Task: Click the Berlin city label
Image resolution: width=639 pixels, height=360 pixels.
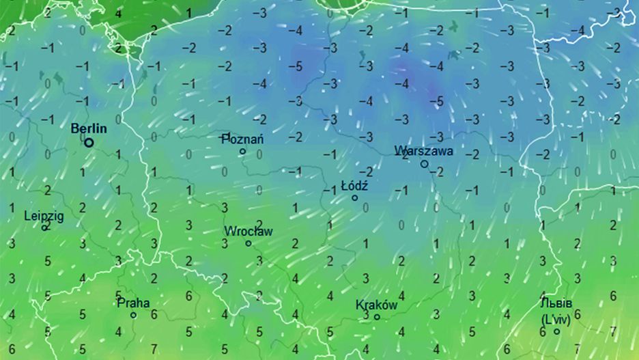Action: click(x=89, y=128)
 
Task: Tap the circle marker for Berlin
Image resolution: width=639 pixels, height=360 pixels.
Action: click(x=89, y=142)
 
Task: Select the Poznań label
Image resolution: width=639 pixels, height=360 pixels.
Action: click(x=243, y=139)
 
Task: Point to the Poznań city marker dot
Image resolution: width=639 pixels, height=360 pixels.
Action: click(x=242, y=151)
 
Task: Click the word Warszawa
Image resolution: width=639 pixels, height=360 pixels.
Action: click(x=423, y=150)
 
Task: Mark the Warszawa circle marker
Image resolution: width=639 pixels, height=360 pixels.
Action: click(x=424, y=164)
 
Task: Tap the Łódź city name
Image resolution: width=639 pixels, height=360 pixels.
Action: click(x=354, y=185)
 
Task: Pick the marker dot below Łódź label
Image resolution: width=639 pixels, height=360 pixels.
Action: click(x=354, y=197)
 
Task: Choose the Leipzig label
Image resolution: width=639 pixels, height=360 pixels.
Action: click(x=44, y=216)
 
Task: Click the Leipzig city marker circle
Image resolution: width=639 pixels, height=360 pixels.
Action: click(x=45, y=227)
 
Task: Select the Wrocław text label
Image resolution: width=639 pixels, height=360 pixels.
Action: click(x=248, y=231)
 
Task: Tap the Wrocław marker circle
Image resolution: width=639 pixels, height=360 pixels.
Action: click(x=248, y=243)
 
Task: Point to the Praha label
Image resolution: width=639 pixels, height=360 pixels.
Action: click(x=134, y=303)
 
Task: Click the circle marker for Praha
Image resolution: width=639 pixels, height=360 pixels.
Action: click(x=134, y=315)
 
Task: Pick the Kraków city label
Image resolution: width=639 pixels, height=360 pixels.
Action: click(x=376, y=305)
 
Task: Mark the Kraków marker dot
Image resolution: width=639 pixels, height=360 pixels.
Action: click(x=376, y=317)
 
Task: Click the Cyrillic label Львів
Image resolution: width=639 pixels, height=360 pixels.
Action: click(x=556, y=304)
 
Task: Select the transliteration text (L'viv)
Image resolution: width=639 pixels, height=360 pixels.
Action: click(x=556, y=318)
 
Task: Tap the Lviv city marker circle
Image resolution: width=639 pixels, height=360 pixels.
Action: click(x=556, y=331)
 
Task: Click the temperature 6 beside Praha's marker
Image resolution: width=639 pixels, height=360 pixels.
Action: click(x=154, y=315)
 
